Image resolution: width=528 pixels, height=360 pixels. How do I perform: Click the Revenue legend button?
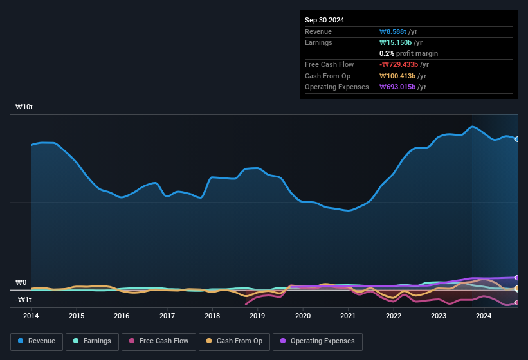(x=37, y=341)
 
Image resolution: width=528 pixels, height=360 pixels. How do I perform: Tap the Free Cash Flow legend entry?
(x=159, y=341)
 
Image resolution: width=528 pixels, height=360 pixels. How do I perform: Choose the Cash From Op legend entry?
(x=234, y=341)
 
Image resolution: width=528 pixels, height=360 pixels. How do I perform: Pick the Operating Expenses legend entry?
(x=318, y=341)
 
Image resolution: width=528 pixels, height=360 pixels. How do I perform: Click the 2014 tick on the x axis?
(x=31, y=316)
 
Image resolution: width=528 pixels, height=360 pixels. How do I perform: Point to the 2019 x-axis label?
(x=257, y=316)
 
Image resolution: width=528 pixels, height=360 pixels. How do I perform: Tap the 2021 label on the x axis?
(x=348, y=316)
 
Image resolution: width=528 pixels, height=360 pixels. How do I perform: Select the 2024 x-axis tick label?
(x=484, y=316)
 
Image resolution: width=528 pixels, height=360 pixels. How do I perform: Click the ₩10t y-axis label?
(x=24, y=107)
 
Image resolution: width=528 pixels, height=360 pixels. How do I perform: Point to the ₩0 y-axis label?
(x=21, y=283)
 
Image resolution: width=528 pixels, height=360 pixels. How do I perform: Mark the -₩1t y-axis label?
(x=23, y=300)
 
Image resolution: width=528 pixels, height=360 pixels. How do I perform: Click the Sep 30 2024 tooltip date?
(x=325, y=20)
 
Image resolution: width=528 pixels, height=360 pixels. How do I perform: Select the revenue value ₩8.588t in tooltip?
(x=399, y=32)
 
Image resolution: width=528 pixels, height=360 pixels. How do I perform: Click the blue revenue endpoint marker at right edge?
(x=517, y=139)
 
